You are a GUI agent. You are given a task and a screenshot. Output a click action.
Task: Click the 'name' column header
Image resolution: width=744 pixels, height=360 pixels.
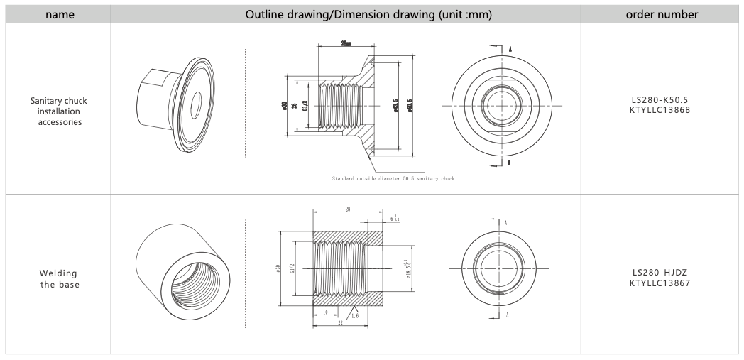tap(58, 13)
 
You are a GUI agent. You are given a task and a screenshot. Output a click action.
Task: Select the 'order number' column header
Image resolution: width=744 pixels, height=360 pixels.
tap(661, 13)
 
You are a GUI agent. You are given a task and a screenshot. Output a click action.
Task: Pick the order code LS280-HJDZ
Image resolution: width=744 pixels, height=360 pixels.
tap(661, 272)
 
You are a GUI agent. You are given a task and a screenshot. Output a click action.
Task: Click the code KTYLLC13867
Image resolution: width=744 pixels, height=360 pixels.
tap(661, 283)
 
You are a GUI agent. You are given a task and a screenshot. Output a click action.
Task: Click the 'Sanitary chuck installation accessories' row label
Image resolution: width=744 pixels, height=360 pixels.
tap(58, 111)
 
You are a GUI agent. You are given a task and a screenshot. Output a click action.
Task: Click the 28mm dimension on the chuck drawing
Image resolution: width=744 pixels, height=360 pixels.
tap(346, 43)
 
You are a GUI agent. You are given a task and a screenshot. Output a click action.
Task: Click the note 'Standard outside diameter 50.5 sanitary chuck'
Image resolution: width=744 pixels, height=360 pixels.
tap(393, 178)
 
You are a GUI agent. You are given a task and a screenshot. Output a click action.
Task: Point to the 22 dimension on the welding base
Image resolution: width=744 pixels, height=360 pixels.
tap(340, 323)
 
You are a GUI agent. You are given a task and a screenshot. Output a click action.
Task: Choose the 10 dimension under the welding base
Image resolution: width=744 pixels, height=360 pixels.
tap(324, 312)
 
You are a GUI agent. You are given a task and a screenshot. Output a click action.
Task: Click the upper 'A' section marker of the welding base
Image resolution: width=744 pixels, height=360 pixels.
tap(506, 222)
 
